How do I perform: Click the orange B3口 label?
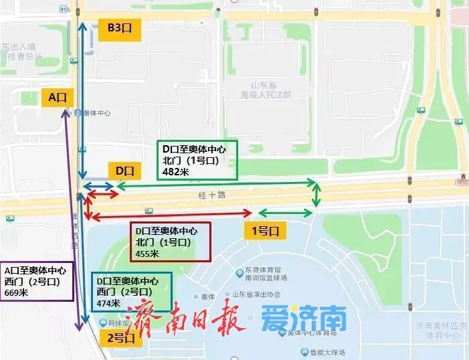click(x=117, y=29)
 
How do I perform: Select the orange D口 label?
click(x=124, y=171)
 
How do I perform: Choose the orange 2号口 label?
click(x=122, y=339)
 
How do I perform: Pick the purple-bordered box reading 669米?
click(x=35, y=281)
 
